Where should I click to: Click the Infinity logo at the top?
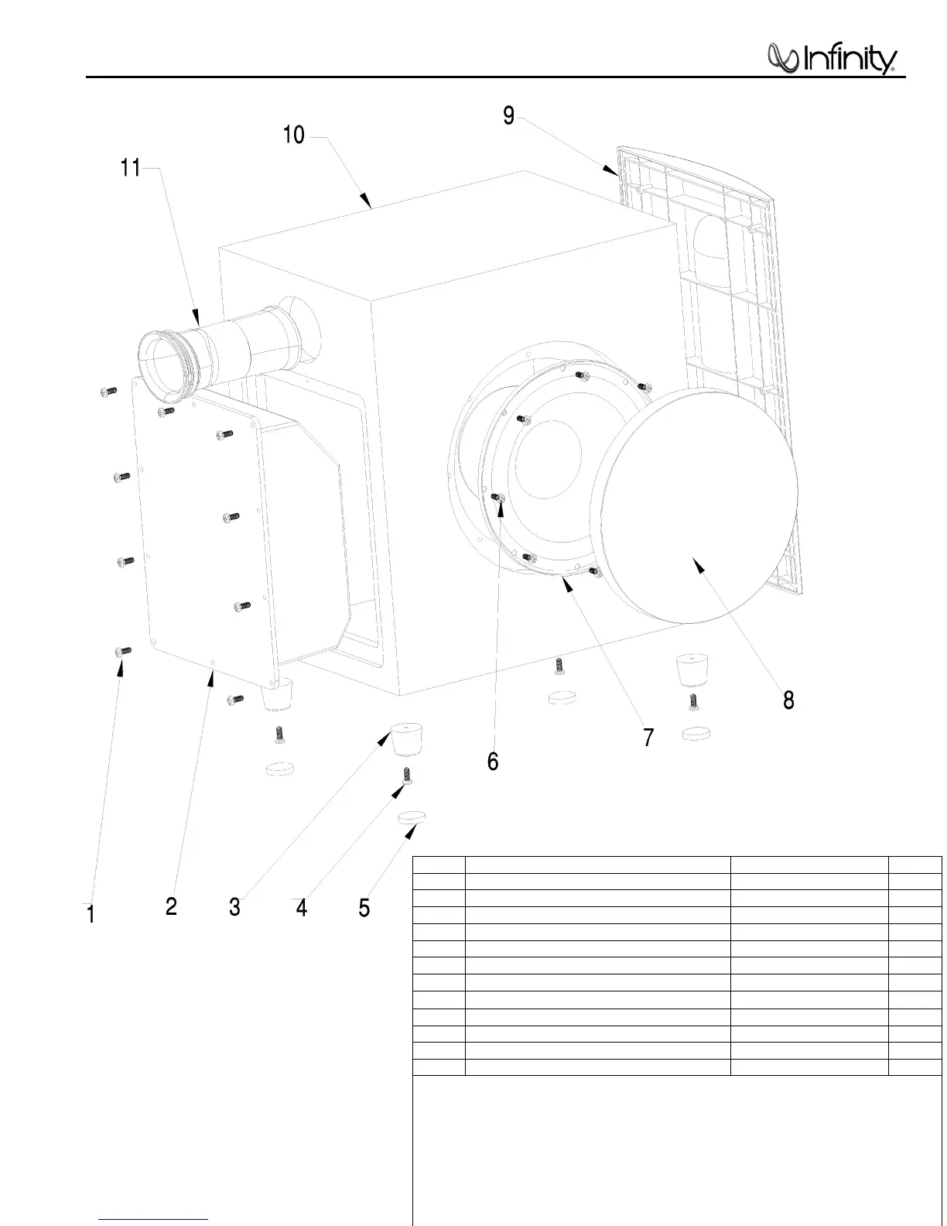832,60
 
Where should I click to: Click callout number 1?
91,914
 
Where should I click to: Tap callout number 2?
172,906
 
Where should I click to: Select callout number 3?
234,906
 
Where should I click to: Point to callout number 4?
302,907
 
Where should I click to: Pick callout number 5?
364,907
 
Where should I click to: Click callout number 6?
493,762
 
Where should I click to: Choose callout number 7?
648,737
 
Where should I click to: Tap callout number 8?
788,700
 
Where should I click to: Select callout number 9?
508,115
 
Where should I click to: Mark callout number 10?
294,135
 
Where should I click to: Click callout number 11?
131,167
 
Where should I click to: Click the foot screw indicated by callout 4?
405,775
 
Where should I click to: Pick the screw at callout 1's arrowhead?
122,652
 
